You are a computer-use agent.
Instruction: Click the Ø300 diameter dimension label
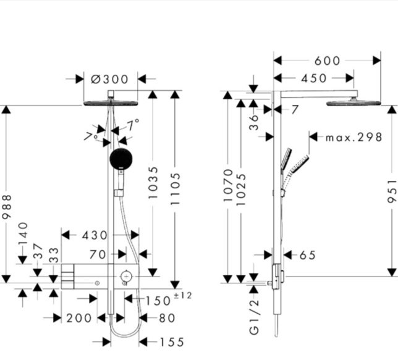109,79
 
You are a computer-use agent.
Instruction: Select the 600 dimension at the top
327,61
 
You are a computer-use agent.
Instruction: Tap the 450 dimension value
314,78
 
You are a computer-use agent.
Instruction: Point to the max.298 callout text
354,137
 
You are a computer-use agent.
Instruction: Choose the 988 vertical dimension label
7,207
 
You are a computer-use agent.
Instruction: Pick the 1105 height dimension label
175,189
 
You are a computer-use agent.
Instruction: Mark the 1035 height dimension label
153,183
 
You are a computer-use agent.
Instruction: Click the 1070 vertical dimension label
228,185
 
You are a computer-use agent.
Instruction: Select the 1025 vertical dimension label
241,190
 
